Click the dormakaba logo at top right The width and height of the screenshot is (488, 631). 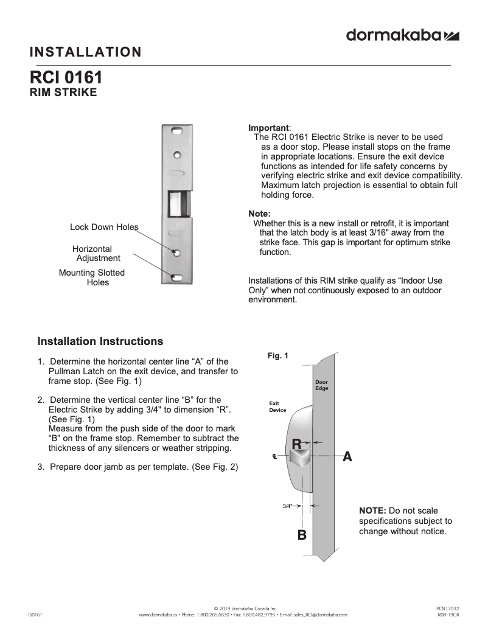pos(402,35)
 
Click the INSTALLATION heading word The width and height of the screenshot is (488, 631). pos(85,52)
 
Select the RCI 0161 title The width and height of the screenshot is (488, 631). pos(66,78)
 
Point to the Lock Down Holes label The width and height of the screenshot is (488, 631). pos(104,227)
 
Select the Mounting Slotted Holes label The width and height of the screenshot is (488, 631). pos(92,277)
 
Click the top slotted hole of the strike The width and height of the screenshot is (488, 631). pos(177,131)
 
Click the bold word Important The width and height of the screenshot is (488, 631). pos(268,128)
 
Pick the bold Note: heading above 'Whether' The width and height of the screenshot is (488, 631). pos(259,214)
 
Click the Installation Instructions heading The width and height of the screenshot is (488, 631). pos(100,341)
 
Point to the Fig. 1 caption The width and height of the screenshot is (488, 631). pos(277,355)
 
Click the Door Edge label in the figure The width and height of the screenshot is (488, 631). pos(321,385)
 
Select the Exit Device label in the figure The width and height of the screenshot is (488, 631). pos(277,406)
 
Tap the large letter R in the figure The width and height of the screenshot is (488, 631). pos(297,444)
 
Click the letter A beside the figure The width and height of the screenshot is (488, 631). pos(347,456)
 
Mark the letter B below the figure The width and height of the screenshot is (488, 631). pos(301,535)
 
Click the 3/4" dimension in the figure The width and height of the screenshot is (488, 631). pos(288,506)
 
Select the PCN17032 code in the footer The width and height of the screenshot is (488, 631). pos(447,608)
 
